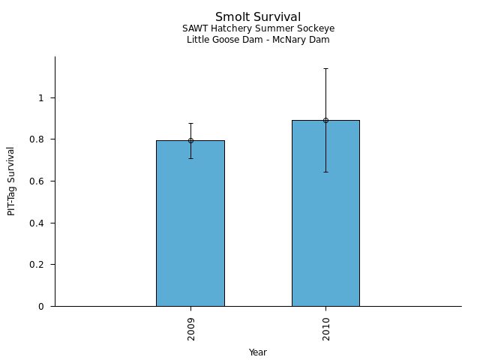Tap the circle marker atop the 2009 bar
[190, 140]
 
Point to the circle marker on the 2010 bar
[325, 120]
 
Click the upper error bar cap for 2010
[325, 68]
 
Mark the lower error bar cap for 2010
[325, 172]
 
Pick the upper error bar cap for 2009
[190, 123]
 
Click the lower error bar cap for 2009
[190, 158]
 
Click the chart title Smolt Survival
[258, 17]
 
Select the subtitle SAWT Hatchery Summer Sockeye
[258, 28]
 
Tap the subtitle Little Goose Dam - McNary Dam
[258, 40]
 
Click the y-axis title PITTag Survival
[11, 181]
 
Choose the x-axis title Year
[258, 352]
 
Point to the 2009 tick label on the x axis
[191, 328]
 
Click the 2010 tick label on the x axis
[326, 328]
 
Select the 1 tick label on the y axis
[42, 97]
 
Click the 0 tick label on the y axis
[42, 306]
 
